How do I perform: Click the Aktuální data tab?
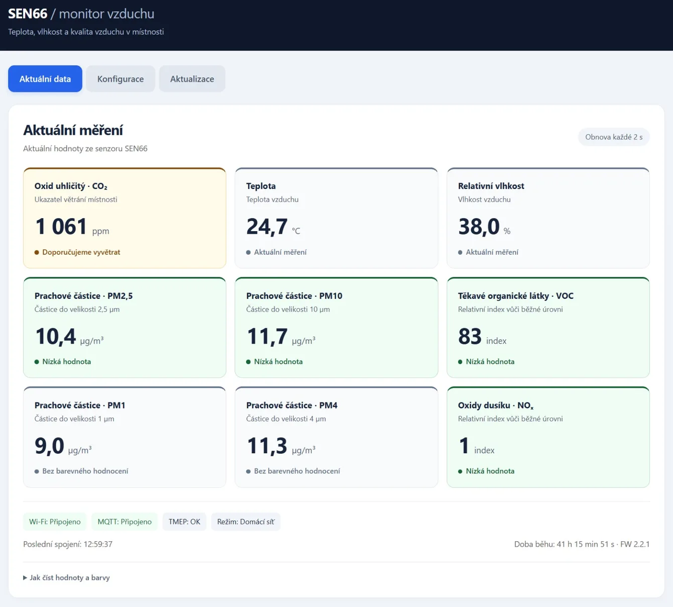45,79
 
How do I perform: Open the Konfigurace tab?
121,79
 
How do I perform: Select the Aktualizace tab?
192,79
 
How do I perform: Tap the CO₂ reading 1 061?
61,226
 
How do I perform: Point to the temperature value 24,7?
267,226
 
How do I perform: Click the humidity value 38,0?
479,226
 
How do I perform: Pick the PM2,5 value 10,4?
55,336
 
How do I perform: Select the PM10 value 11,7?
267,336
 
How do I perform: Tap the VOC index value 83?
470,336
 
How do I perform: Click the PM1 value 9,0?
49,446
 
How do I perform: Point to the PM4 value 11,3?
267,446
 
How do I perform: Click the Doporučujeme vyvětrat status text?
81,252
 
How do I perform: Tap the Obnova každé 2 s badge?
614,137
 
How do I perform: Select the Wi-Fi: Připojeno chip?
55,522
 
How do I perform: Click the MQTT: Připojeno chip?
125,522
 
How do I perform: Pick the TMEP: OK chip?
184,522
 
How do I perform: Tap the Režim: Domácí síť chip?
246,522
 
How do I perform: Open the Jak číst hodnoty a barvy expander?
66,577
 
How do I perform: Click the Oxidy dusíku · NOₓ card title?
496,406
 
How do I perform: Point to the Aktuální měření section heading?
73,130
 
